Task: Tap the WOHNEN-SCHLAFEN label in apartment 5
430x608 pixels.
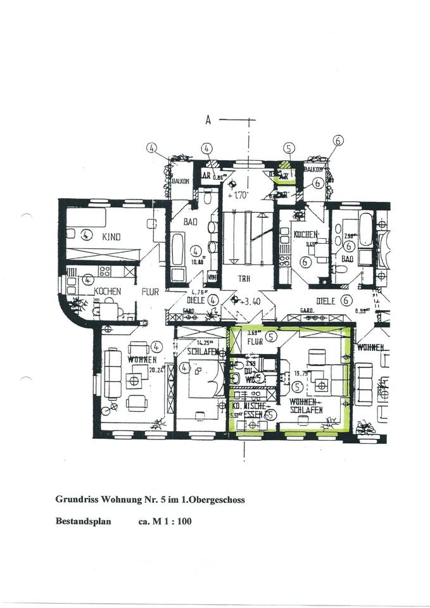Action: pos(307,406)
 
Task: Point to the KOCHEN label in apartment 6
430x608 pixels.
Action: pos(305,234)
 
